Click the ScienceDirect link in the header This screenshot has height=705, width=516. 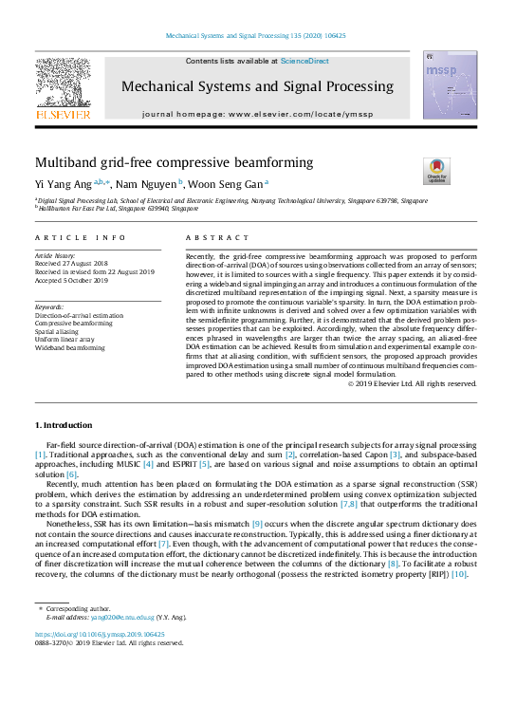click(304, 61)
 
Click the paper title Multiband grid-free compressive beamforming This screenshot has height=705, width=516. click(174, 162)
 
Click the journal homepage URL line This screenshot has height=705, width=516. click(258, 114)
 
